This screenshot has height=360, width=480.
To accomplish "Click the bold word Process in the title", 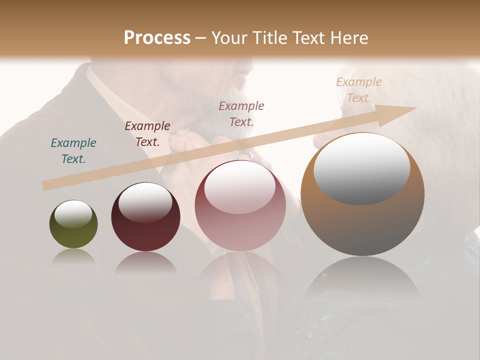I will pos(157,38).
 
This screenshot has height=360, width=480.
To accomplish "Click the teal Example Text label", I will pos(73,150).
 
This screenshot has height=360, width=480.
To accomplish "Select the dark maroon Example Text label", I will pos(147,133).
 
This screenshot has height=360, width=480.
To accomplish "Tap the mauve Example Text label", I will pos(241,113).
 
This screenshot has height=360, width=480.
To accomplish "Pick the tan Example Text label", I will pos(359,89).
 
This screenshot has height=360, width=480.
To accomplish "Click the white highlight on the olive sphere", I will pos(73,214).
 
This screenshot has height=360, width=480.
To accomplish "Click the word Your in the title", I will pos(229,38).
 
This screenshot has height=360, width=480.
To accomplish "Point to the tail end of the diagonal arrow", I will pos(44,186).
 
